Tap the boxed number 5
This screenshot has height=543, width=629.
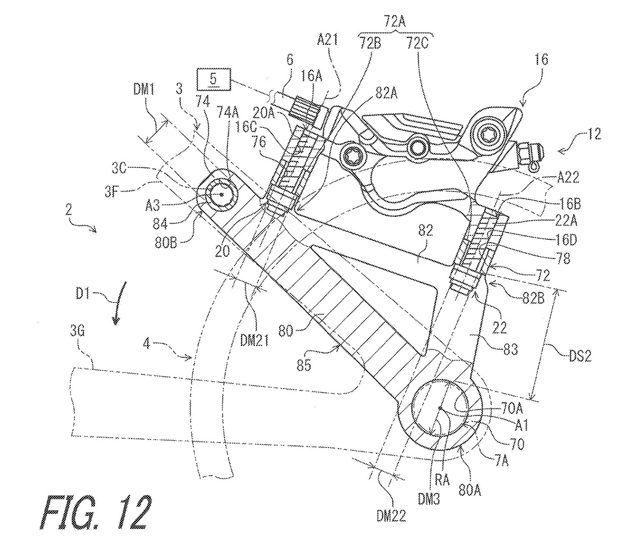[x=213, y=79]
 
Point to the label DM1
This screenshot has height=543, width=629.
[x=144, y=89]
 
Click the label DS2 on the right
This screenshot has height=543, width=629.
[x=579, y=355]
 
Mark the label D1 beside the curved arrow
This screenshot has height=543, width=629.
[x=82, y=294]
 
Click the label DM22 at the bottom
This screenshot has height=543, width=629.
[x=391, y=515]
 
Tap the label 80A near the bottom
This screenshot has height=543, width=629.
[x=469, y=490]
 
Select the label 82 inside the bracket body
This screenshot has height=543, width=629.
[x=426, y=230]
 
